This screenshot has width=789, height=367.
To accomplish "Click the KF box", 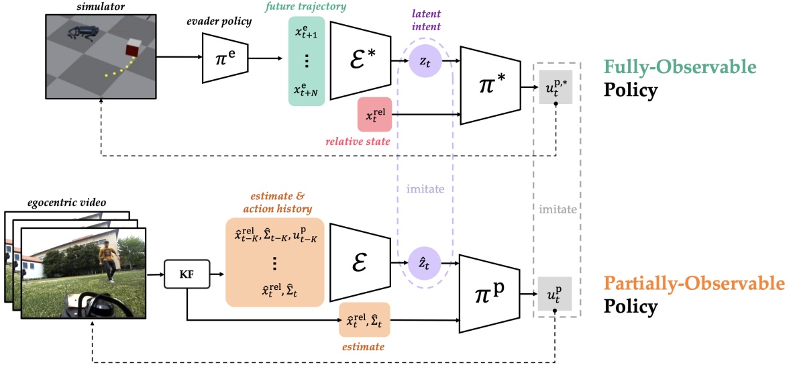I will pos(187,274).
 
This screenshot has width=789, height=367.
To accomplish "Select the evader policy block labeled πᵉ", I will pos(224,58).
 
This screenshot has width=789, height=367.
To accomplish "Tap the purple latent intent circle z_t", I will pos(424,60).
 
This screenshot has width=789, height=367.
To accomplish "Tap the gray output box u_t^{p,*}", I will pos(555,88).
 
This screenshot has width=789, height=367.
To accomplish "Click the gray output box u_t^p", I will pos(555,293).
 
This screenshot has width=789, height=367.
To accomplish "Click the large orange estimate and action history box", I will pos(274,262).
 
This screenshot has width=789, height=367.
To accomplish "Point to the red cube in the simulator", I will pos(133,48).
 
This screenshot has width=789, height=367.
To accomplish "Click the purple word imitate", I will pos(424,189).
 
